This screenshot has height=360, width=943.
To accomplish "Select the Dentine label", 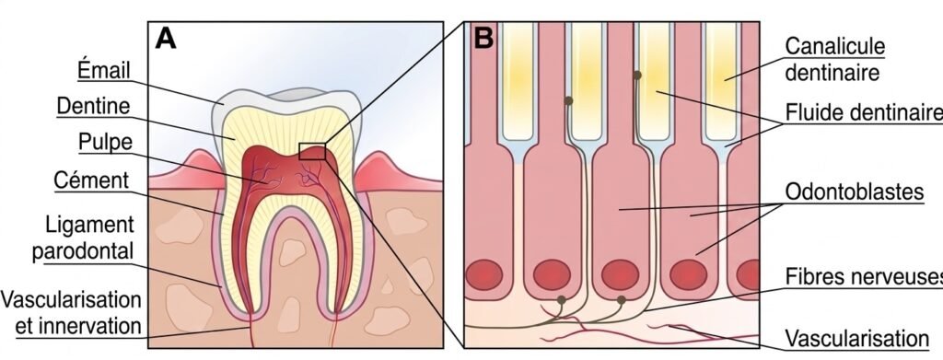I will (92, 107).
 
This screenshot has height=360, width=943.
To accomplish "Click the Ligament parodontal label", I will (89, 237).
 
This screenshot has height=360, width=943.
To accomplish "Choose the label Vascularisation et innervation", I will (72, 313).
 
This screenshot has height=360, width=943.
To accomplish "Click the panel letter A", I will (165, 38).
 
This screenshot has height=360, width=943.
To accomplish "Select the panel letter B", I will (483, 39).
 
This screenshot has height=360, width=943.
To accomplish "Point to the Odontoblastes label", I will (854, 193).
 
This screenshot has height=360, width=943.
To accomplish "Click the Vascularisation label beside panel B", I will (856, 336).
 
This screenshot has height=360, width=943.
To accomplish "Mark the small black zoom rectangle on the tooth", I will (312, 151).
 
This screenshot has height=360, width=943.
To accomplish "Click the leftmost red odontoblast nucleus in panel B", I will (483, 275).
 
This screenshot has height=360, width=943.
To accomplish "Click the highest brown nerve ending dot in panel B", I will (636, 74).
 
